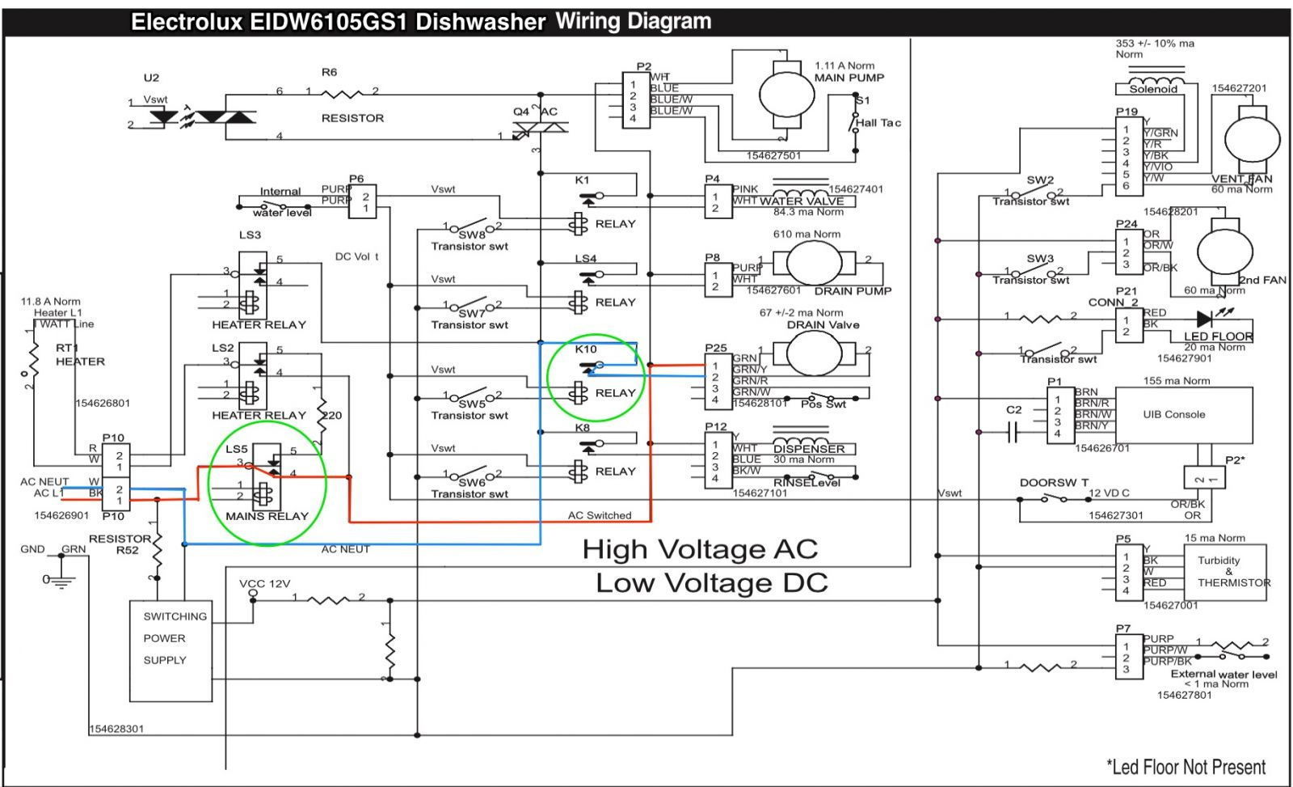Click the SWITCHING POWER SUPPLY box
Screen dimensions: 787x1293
pyautogui.click(x=171, y=650)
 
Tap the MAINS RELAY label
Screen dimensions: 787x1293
pyautogui.click(x=267, y=516)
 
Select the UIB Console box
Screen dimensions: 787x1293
pyautogui.click(x=1173, y=414)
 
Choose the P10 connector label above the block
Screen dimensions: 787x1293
pyautogui.click(x=113, y=438)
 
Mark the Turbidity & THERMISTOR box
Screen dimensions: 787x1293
pyautogui.click(x=1225, y=572)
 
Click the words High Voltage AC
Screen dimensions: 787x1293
pyautogui.click(x=700, y=550)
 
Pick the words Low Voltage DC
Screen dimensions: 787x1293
pyautogui.click(x=712, y=583)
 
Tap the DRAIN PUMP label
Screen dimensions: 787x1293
pyautogui.click(x=853, y=291)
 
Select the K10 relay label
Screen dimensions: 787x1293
pyautogui.click(x=586, y=349)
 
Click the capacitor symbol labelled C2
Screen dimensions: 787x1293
pyautogui.click(x=1012, y=434)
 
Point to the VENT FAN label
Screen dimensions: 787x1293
pyautogui.click(x=1241, y=179)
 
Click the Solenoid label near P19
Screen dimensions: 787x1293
pyautogui.click(x=1153, y=89)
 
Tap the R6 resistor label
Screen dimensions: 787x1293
pyautogui.click(x=329, y=72)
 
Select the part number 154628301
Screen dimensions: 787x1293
pyautogui.click(x=116, y=729)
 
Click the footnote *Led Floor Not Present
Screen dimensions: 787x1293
pyautogui.click(x=1186, y=767)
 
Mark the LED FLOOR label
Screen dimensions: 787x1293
pyautogui.click(x=1218, y=336)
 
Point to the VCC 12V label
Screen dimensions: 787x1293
pyautogui.click(x=264, y=583)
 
